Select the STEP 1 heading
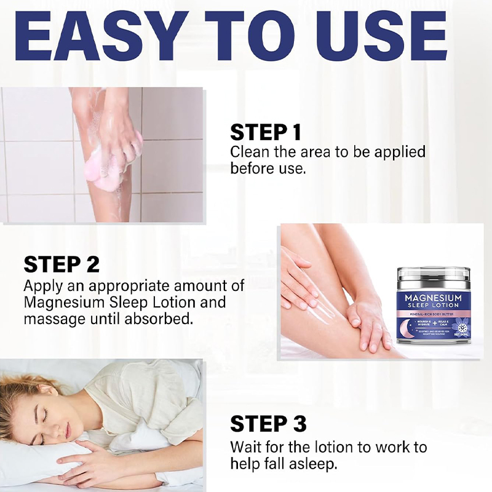(266, 132)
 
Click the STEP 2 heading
(61, 264)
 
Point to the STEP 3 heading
(268, 424)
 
